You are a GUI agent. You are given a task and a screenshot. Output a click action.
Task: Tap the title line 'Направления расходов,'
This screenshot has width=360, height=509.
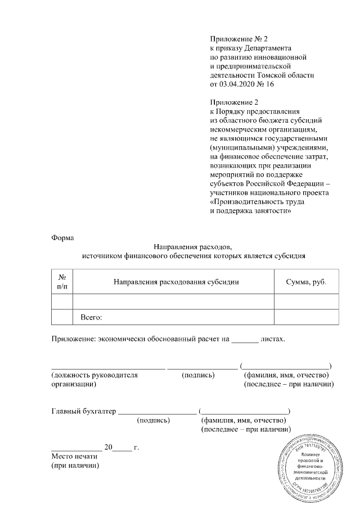click(x=193, y=246)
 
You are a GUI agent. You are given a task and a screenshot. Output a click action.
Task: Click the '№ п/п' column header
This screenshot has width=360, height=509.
click(x=62, y=281)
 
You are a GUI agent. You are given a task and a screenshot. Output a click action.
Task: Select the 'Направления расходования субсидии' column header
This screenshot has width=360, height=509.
click(x=173, y=281)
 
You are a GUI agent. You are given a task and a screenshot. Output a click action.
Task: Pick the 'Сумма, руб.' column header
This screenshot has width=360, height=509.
click(x=307, y=281)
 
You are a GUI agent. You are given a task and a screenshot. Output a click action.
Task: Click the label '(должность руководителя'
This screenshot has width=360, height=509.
click(x=94, y=375)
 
